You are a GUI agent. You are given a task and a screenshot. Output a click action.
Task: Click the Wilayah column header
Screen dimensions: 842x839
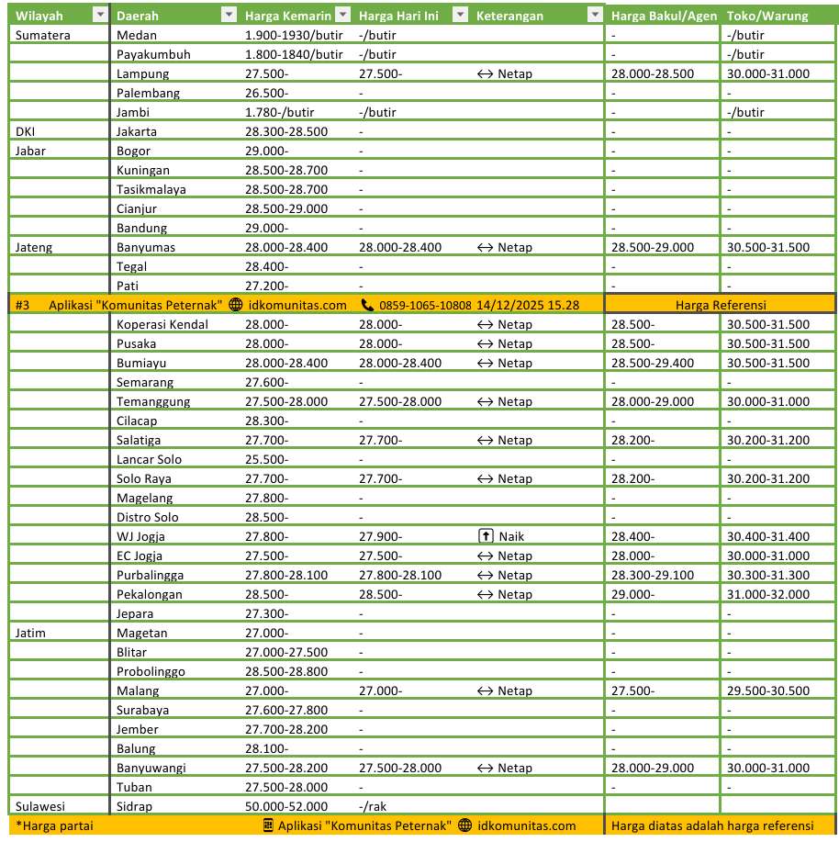point(39,16)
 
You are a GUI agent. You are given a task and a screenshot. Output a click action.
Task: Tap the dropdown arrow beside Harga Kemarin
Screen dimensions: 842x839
point(342,16)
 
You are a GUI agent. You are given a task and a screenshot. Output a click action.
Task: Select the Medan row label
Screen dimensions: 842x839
point(138,35)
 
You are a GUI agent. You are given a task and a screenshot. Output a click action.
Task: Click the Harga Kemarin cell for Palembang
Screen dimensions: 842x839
point(267,93)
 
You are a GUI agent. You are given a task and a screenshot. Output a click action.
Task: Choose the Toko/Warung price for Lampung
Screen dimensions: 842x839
point(766,73)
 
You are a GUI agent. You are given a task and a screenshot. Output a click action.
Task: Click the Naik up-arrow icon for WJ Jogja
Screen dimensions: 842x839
point(486,536)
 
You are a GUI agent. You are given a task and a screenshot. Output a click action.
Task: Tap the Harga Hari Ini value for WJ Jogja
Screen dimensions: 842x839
point(381,536)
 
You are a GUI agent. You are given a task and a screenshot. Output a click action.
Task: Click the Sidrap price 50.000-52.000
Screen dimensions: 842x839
point(286,806)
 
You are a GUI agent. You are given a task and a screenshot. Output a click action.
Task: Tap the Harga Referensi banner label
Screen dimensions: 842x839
point(720,305)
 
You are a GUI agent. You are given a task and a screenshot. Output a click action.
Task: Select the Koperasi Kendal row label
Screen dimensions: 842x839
point(162,324)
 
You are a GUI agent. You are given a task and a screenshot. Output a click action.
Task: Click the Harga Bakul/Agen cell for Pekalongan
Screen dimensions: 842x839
point(632,594)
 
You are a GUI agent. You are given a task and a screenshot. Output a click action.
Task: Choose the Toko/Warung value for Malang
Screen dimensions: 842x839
point(766,690)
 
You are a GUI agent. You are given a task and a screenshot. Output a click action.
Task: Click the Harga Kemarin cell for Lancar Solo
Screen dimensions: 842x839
point(267,459)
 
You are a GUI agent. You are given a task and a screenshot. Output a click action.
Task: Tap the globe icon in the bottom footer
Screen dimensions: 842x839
point(464,825)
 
